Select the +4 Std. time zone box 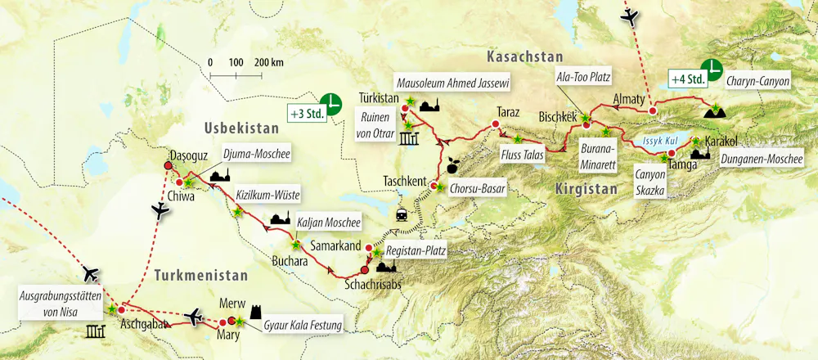click(687, 79)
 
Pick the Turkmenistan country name click(202, 276)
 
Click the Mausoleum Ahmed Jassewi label click(464, 83)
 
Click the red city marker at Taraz click(495, 125)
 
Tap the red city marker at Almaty click(652, 110)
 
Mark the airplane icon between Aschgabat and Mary click(195, 315)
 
